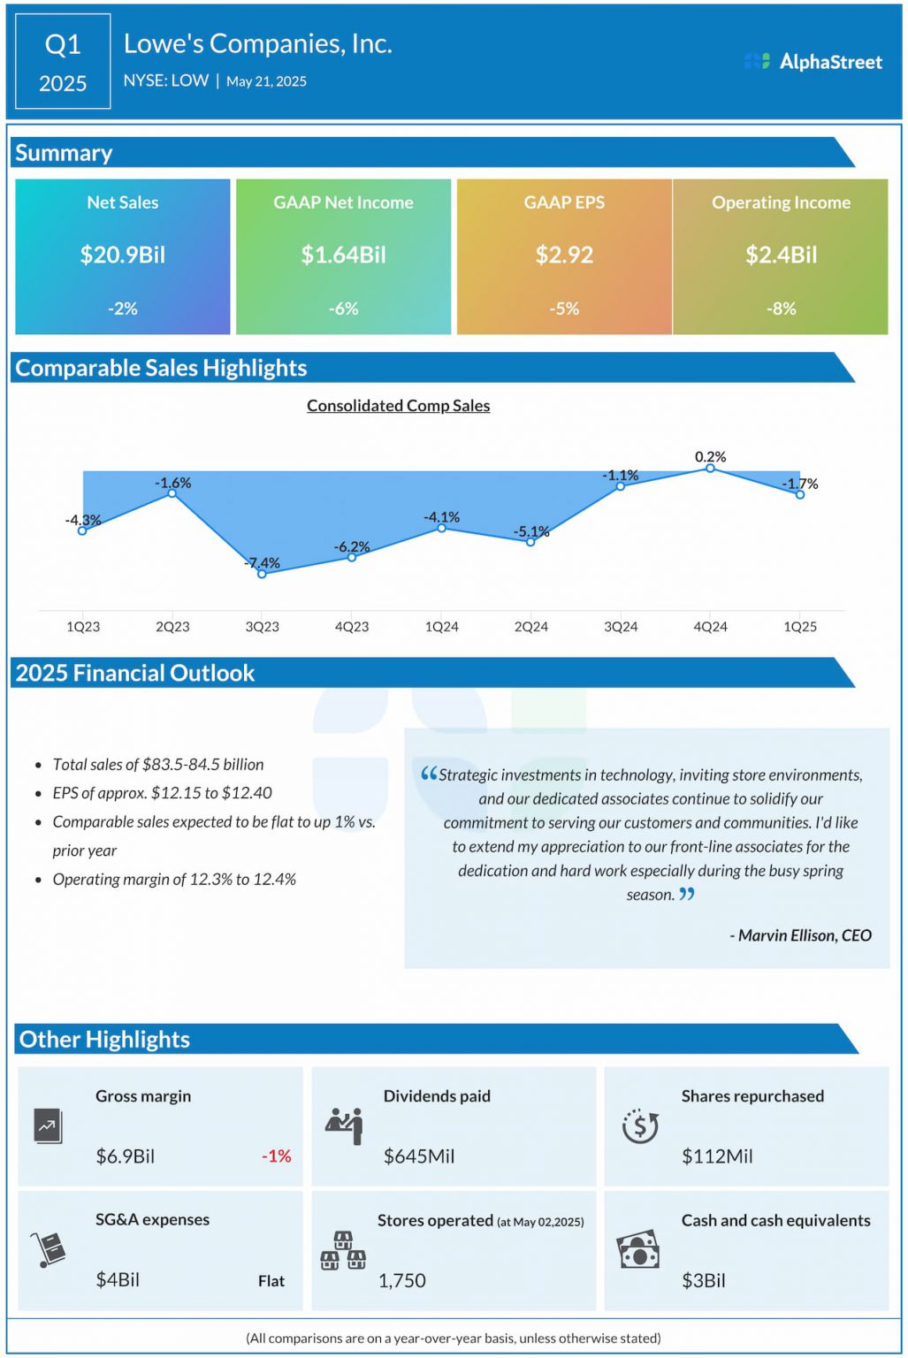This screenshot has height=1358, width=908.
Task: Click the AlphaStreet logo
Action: click(813, 61)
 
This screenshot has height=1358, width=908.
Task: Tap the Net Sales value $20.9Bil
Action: click(122, 255)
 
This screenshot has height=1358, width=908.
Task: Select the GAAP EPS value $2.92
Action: click(564, 255)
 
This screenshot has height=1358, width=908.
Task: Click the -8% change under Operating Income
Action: click(781, 309)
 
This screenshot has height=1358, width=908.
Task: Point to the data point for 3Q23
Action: click(262, 574)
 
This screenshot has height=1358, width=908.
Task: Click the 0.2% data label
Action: click(710, 456)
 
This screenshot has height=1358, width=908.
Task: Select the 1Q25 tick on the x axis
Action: click(799, 626)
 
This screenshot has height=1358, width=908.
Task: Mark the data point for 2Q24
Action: click(530, 542)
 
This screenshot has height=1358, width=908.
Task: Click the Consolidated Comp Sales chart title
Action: click(398, 406)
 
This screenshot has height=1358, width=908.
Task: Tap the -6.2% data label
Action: click(351, 546)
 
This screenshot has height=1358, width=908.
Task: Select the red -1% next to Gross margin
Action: click(276, 1156)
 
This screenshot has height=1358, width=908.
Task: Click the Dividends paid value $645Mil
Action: click(418, 1156)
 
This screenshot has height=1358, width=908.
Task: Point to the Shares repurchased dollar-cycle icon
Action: click(640, 1125)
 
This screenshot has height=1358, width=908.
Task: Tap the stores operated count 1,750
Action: click(401, 1280)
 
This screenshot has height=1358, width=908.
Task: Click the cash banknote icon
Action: click(638, 1249)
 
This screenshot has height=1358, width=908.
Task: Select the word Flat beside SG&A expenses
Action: click(271, 1281)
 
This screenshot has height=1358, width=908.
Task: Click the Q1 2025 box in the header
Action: click(63, 61)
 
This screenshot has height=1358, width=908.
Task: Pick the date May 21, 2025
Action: click(266, 81)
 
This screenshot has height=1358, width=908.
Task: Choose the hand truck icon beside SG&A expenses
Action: click(49, 1249)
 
